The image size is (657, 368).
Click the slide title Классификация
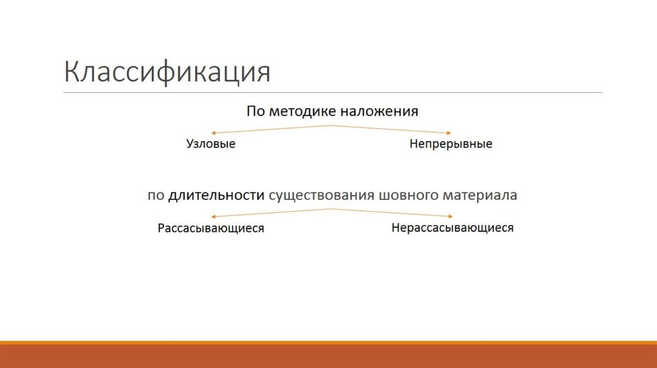[x=167, y=72]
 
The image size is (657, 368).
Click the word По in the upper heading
[x=255, y=112]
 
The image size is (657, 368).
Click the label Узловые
[x=210, y=144]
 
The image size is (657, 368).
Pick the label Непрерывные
[x=450, y=144]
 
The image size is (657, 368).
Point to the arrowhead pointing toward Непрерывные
[x=450, y=133]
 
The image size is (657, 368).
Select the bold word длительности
[x=216, y=196]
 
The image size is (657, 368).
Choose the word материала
[x=478, y=196]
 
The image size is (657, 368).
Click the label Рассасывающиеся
[x=210, y=228]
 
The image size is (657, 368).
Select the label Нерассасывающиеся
[x=452, y=228]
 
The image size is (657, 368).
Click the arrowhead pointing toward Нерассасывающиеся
[x=450, y=216]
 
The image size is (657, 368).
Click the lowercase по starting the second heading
[x=156, y=196]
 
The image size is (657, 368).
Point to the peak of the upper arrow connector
[x=331, y=126]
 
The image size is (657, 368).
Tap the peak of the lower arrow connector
[x=331, y=209]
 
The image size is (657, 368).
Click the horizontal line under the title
[x=333, y=93]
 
